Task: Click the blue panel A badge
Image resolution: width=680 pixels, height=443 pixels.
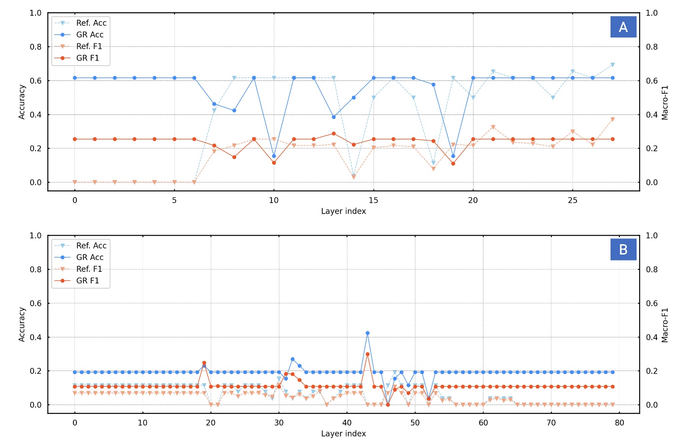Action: tap(623, 27)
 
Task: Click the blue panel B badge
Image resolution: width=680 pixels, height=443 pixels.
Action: tap(623, 250)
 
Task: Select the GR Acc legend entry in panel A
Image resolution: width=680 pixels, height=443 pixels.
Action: tap(89, 35)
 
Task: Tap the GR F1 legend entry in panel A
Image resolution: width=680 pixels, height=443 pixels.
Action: tap(87, 58)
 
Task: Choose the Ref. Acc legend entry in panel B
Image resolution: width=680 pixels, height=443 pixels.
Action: tap(91, 246)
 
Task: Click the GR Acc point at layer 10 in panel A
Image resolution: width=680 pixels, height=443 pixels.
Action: tap(274, 156)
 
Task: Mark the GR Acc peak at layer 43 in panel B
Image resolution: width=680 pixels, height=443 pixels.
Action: tap(368, 333)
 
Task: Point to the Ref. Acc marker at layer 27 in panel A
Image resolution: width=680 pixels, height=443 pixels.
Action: tap(612, 65)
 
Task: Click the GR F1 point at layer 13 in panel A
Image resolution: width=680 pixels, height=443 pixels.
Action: tap(334, 134)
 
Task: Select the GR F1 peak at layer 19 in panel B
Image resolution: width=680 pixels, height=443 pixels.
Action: tap(204, 363)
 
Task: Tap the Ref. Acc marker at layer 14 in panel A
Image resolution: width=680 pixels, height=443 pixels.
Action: tap(354, 176)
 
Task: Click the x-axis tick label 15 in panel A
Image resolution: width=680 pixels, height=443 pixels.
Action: tap(374, 200)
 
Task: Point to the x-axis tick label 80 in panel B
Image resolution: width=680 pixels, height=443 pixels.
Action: tap(619, 423)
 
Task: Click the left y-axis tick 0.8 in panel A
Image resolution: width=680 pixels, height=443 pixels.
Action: tap(35, 47)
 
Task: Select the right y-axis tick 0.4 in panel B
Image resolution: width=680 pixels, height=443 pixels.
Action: tap(652, 337)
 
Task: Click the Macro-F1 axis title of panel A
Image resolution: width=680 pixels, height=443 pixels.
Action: tap(665, 103)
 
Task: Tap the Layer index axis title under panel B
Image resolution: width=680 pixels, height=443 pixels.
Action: tap(343, 434)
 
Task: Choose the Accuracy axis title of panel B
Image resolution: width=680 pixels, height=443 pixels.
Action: tap(22, 325)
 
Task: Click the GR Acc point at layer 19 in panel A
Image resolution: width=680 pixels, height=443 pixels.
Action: tap(453, 156)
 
